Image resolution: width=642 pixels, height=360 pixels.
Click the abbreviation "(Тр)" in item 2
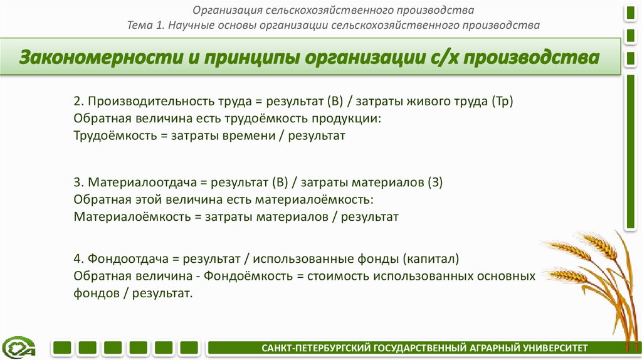coord(503,102)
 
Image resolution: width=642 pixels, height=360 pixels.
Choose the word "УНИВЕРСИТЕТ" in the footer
coord(555,347)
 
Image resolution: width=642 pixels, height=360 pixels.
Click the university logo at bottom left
coord(19,347)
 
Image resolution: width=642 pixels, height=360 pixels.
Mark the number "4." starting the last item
coord(79,259)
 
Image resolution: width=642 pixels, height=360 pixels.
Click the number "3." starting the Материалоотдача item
coord(79,183)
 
